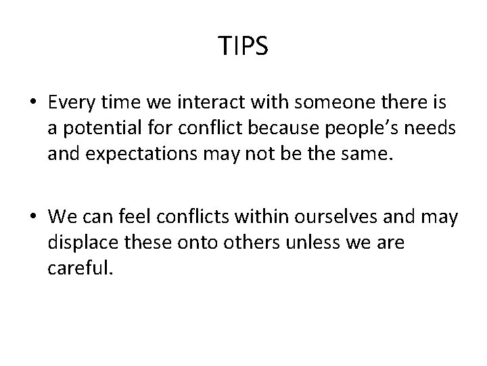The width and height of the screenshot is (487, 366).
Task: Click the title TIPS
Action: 243,47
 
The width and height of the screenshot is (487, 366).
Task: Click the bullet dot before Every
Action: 33,103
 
